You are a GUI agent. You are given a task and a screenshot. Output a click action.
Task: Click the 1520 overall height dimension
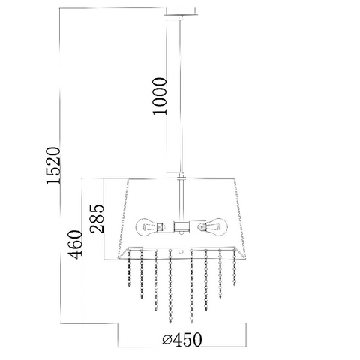click(53, 166)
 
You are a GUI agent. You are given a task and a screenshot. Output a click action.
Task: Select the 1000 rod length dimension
click(160, 96)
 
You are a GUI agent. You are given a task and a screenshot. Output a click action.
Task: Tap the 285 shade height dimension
click(97, 219)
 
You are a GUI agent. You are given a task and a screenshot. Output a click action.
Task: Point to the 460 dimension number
click(75, 244)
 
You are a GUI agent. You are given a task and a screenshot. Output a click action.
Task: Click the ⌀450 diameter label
click(181, 340)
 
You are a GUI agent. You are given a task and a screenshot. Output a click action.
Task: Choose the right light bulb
click(212, 226)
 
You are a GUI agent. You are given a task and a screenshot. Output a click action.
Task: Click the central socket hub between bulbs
click(181, 226)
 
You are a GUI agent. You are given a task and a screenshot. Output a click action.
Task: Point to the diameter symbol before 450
click(167, 340)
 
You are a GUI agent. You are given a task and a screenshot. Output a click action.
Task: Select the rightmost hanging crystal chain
click(234, 267)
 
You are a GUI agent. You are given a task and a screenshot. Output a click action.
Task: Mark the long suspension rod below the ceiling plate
click(181, 95)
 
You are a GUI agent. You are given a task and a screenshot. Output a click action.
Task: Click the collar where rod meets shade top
click(181, 178)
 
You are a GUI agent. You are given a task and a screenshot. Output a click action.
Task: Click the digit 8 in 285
click(97, 219)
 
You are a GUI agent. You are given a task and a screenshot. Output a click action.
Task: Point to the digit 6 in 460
click(75, 244)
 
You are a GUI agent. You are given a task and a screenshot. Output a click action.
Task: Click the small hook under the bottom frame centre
click(181, 251)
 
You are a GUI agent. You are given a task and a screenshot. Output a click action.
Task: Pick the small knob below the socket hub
click(181, 233)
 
